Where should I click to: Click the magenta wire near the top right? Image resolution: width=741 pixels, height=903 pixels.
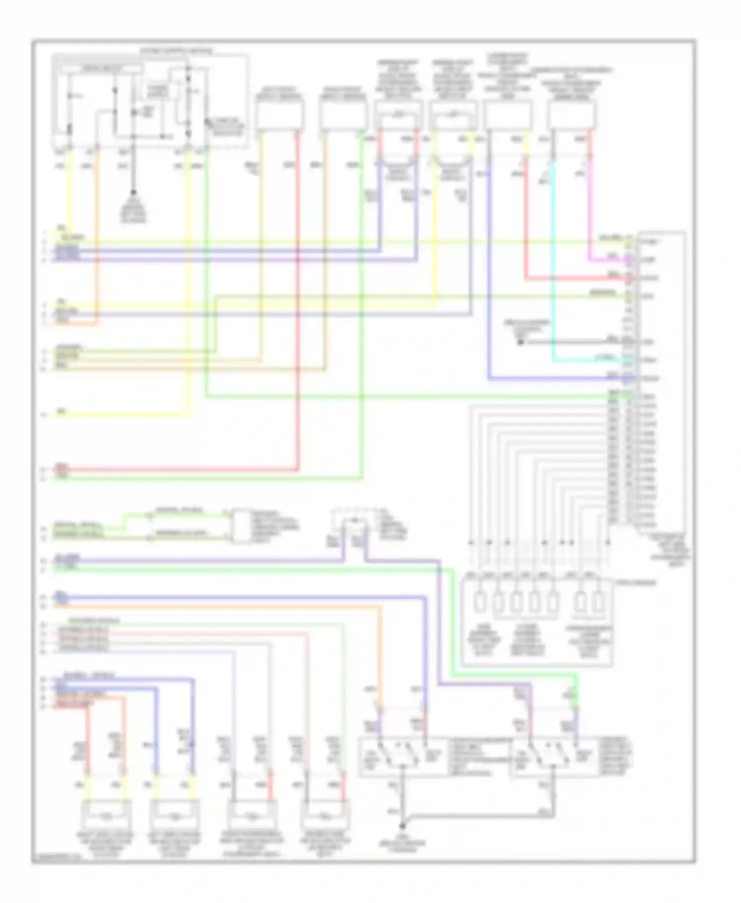(x=590, y=207)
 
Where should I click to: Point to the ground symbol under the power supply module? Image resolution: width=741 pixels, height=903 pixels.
(x=133, y=193)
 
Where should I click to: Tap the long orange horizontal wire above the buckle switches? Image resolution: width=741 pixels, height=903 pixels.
(x=222, y=606)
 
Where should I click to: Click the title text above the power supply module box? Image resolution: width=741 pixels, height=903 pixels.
(x=176, y=51)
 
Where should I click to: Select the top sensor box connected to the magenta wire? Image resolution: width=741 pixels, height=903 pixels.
(x=572, y=115)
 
